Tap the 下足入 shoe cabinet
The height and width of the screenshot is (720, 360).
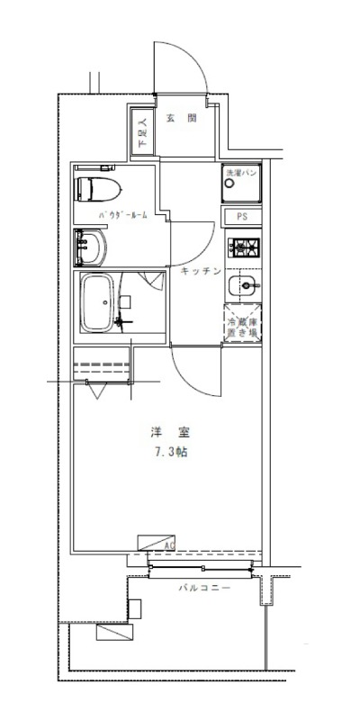142,134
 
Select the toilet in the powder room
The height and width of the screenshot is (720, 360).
96,190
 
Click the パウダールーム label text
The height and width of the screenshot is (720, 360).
122,216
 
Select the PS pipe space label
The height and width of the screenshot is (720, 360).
242,217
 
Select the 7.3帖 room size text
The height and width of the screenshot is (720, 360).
169,452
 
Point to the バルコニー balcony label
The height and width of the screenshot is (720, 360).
203,588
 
